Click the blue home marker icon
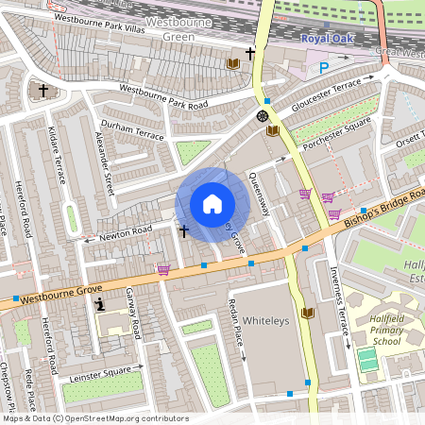[x=212, y=204]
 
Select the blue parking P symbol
[x=324, y=67]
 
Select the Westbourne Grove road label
[x=61, y=295]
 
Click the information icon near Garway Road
[x=101, y=304]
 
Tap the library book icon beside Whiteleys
[x=307, y=313]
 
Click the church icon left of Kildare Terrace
[x=43, y=91]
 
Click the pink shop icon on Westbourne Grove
[x=164, y=270]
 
